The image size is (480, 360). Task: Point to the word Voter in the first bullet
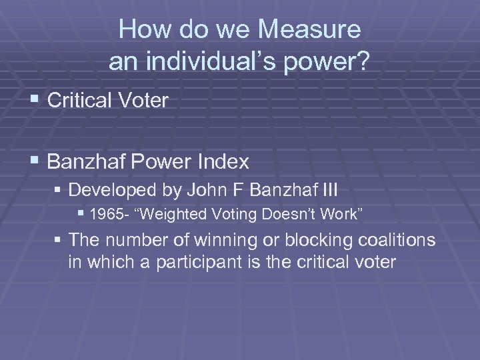(145, 101)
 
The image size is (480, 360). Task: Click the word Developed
(114, 191)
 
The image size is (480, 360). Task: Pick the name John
(206, 191)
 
